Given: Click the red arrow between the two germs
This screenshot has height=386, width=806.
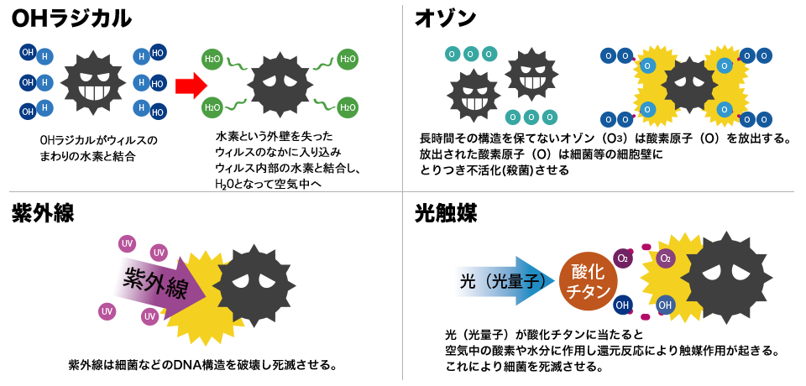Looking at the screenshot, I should (191, 85).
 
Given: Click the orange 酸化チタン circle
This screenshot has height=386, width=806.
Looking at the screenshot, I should (588, 281).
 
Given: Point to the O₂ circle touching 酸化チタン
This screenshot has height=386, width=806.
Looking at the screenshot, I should (623, 258).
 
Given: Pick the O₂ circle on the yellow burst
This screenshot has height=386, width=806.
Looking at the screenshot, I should (665, 258).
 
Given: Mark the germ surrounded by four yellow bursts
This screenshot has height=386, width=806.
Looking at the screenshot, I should (688, 86).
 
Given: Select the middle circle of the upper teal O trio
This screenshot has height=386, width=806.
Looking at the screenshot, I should (470, 55).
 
